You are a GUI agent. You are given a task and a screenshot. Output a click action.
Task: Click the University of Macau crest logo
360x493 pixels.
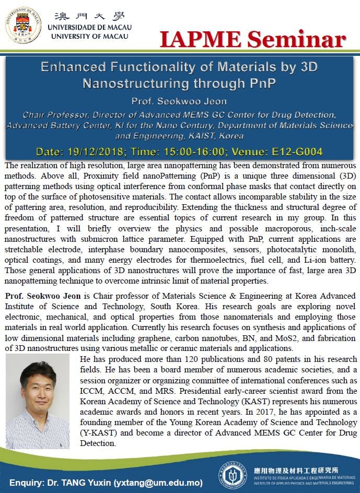[23, 24]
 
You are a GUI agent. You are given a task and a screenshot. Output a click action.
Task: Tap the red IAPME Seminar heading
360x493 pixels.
[252, 40]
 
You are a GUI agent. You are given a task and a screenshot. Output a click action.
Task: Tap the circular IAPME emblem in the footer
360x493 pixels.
[232, 475]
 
